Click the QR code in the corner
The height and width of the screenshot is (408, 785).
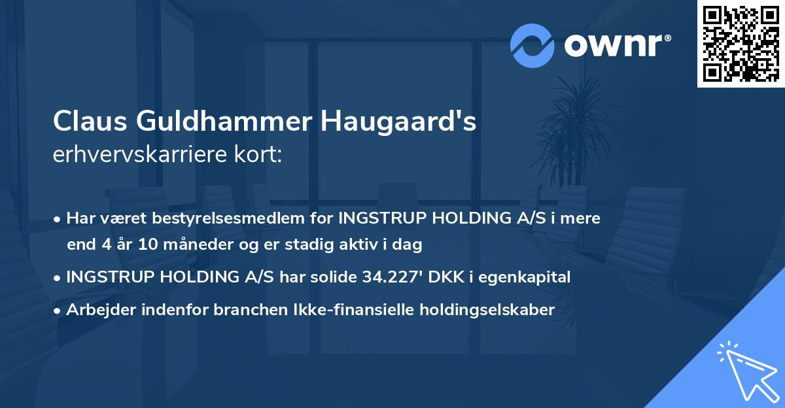click(741, 43)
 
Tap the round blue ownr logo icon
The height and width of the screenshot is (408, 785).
click(532, 45)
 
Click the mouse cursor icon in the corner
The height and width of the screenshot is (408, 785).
click(747, 373)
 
